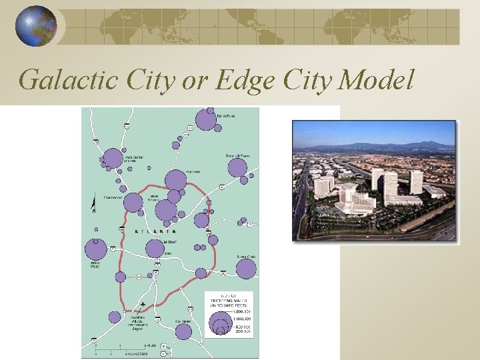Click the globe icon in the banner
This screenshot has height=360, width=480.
tap(36, 26)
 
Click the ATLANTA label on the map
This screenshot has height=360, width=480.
tap(156, 231)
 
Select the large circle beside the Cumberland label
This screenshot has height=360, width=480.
tap(133, 202)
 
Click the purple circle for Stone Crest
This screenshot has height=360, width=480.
tap(246, 269)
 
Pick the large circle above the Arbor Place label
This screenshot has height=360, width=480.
tap(96, 250)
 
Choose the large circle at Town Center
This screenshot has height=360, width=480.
tap(113, 159)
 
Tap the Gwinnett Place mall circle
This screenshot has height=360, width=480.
tap(237, 167)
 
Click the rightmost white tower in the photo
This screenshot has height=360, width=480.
tap(416, 181)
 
